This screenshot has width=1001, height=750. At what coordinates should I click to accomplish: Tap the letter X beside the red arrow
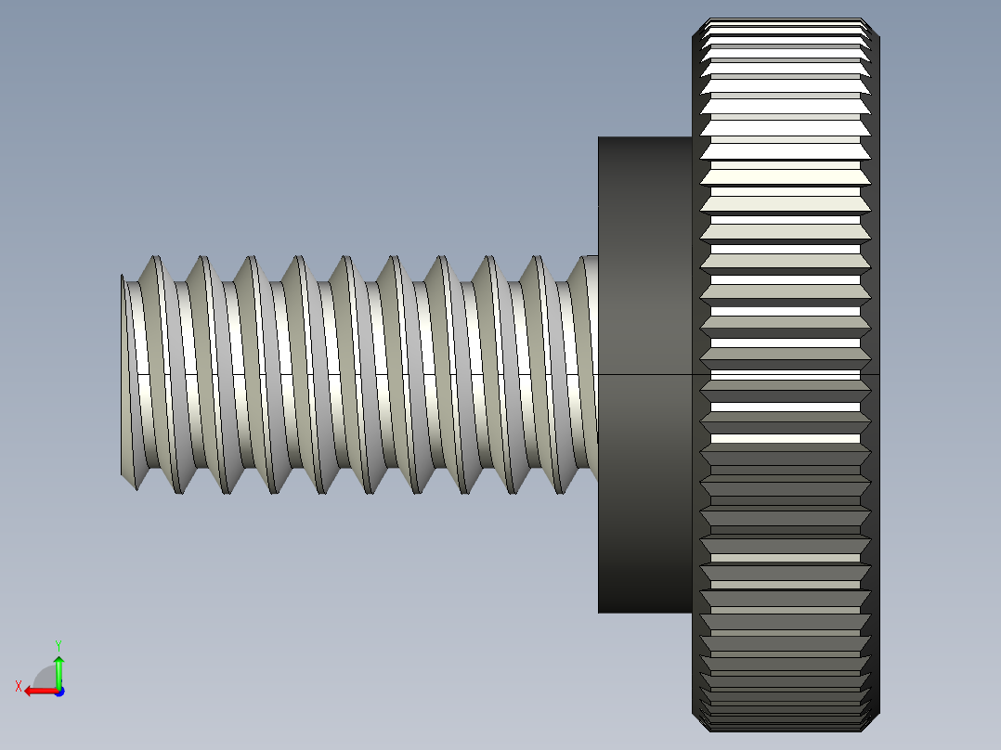[x=19, y=686]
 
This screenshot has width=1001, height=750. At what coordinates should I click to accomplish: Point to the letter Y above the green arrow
[x=58, y=644]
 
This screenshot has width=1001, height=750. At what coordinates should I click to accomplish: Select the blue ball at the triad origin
[x=58, y=691]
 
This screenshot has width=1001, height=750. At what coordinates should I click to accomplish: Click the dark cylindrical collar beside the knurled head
[x=644, y=278]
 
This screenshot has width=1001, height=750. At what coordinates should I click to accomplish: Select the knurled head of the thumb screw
[x=786, y=371]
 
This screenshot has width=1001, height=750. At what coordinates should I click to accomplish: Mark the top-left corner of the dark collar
[x=599, y=138]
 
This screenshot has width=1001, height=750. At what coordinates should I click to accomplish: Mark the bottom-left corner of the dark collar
[x=599, y=613]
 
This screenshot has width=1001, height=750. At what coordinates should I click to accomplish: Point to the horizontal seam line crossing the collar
[x=644, y=374]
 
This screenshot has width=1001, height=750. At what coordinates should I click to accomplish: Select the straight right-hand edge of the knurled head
[x=878, y=371]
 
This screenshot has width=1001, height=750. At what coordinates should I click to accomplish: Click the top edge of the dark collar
[x=644, y=137]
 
